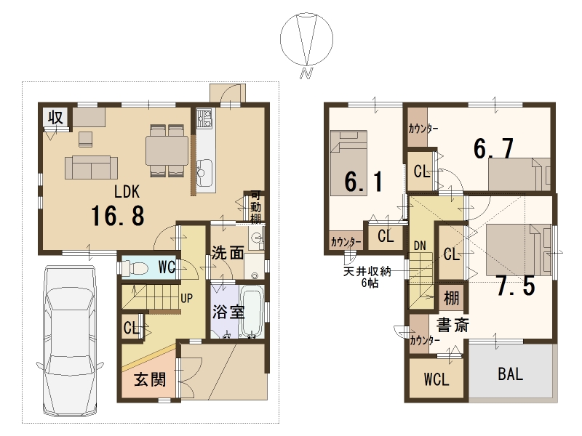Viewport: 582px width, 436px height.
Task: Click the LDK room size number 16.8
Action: [x=118, y=216]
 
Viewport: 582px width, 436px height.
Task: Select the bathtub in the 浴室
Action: [x=252, y=312]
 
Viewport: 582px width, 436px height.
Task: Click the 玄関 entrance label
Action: [x=150, y=379]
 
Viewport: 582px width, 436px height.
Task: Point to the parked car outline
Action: [x=69, y=342]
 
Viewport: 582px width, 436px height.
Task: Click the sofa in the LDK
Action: [x=92, y=168]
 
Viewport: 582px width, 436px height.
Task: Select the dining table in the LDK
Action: [x=167, y=150]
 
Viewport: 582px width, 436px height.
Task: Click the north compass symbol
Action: [x=306, y=41]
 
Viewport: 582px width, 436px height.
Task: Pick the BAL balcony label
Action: [x=511, y=374]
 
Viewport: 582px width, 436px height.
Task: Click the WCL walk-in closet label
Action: [x=436, y=379]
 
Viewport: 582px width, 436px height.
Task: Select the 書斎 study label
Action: [x=453, y=325]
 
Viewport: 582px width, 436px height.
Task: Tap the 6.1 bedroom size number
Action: [x=364, y=182]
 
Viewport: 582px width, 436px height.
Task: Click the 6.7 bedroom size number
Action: [x=494, y=148]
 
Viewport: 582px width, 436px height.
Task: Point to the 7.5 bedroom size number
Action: [x=516, y=286]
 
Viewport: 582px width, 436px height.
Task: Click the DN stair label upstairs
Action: [x=420, y=246]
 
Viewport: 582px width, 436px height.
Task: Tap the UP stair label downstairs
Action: [x=186, y=298]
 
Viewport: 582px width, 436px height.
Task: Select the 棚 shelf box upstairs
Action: [x=451, y=298]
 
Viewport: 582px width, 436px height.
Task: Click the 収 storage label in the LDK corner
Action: [x=56, y=117]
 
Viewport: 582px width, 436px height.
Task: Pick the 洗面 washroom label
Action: [x=228, y=253]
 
